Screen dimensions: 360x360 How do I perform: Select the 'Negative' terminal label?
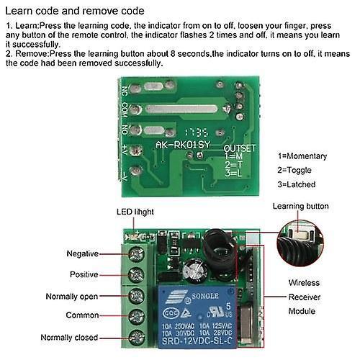pyautogui.click(x=82, y=254)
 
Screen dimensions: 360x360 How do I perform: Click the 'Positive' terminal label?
pyautogui.click(x=84, y=274)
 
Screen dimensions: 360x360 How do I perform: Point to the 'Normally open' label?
pyautogui.click(x=72, y=296)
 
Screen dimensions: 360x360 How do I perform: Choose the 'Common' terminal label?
pyautogui.click(x=81, y=315)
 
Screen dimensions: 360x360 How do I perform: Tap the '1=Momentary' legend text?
pyautogui.click(x=302, y=156)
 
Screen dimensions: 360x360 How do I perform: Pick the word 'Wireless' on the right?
pyautogui.click(x=304, y=283)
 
